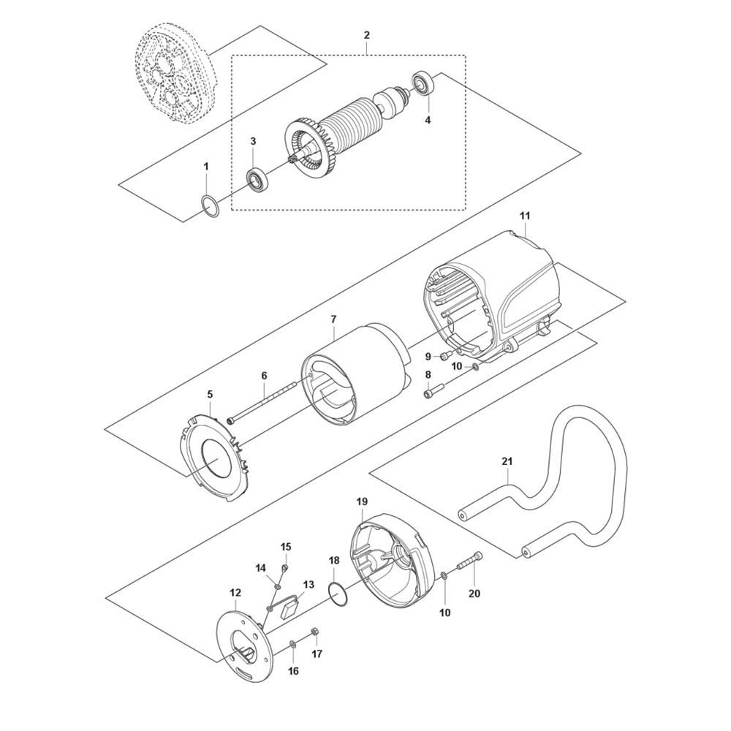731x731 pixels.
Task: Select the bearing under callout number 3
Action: pos(257,181)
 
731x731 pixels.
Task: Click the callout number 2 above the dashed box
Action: pos(366,35)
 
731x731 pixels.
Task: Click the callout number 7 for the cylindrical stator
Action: pos(333,320)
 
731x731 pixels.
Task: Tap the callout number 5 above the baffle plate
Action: pos(210,395)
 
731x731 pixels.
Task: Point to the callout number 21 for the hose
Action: pos(507,461)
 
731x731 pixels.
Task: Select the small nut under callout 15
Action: pos(285,567)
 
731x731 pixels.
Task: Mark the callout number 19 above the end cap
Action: pos(362,501)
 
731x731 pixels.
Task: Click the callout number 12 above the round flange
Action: pos(235,593)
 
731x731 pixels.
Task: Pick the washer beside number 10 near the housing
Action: pos(474,366)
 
